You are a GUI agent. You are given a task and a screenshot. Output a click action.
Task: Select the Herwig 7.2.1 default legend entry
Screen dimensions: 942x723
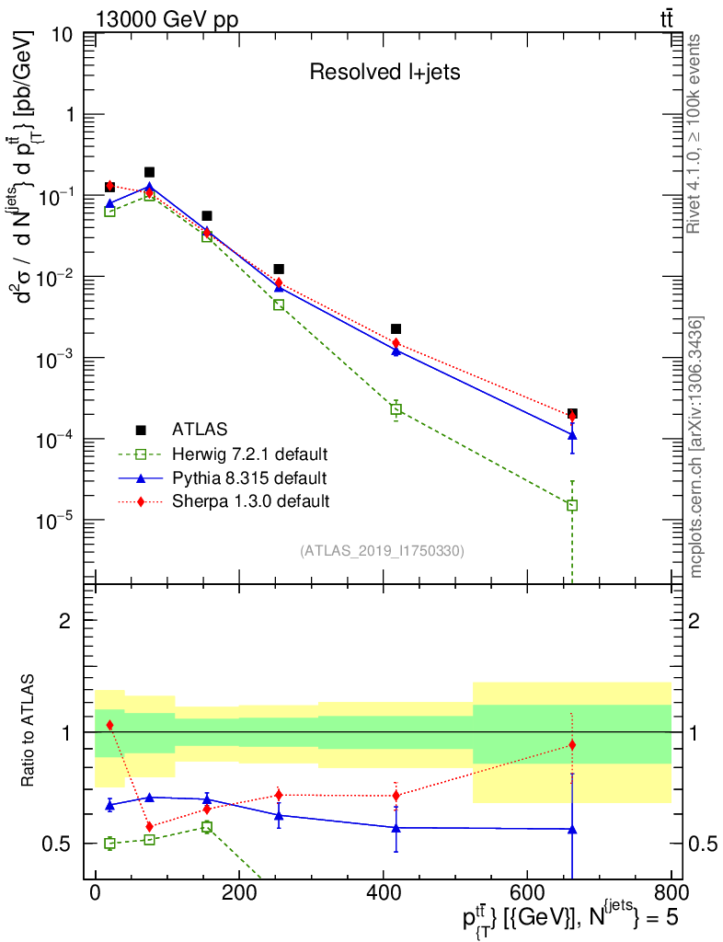click(x=250, y=454)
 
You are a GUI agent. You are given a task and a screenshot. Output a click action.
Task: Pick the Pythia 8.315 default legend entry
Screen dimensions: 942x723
click(x=249, y=478)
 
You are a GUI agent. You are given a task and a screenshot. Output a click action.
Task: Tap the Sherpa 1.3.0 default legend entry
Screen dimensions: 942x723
click(x=250, y=501)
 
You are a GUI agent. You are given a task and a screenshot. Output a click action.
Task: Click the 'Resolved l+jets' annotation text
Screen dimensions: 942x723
click(x=384, y=73)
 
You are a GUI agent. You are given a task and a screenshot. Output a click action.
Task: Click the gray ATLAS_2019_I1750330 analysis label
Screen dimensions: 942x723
click(x=382, y=551)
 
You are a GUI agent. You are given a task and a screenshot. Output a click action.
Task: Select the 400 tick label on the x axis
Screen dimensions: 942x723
click(x=383, y=892)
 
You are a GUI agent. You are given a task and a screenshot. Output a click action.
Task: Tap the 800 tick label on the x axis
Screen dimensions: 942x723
click(x=671, y=892)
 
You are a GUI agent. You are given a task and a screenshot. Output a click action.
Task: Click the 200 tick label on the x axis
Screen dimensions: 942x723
click(x=238, y=892)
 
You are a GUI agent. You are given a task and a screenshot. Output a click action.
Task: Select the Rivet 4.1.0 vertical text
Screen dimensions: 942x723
click(x=695, y=133)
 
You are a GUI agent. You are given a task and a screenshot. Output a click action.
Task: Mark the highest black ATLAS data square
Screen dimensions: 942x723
click(x=149, y=172)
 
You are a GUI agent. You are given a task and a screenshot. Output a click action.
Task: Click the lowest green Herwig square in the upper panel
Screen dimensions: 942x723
click(x=572, y=505)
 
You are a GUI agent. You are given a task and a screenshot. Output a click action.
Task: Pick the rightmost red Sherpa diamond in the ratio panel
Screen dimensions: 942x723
click(x=572, y=745)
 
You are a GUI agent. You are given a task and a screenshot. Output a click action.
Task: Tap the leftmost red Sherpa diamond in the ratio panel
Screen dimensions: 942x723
click(x=109, y=725)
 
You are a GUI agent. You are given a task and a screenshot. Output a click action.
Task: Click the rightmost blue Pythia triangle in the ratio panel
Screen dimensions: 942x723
click(x=572, y=829)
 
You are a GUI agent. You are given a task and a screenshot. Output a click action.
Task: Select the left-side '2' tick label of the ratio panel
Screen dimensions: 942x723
click(x=64, y=621)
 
